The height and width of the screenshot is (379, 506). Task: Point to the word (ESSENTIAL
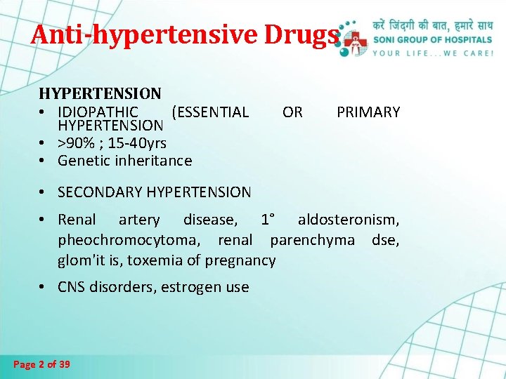(210, 112)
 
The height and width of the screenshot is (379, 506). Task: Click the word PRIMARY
(368, 112)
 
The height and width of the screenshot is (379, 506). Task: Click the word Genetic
(83, 161)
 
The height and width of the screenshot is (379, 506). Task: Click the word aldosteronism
(349, 220)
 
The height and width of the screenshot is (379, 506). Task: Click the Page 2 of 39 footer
(41, 364)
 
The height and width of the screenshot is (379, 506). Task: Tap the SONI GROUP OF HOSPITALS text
(433, 40)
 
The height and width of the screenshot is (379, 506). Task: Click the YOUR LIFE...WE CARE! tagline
(433, 53)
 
